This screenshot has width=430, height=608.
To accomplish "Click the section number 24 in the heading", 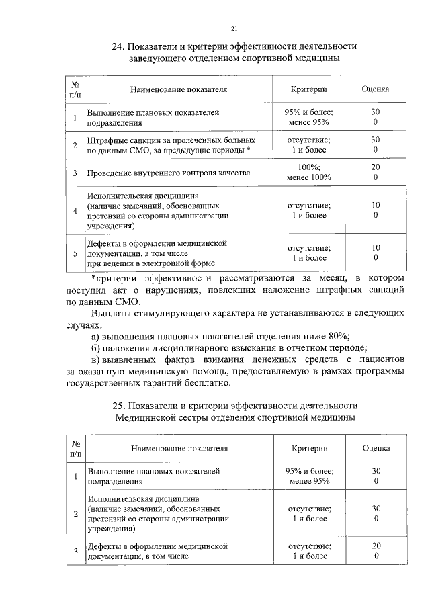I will (118, 46).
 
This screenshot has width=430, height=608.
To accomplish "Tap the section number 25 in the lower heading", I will (118, 405).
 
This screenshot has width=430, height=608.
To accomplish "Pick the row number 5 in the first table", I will (75, 253).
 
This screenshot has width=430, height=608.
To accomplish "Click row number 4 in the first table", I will (75, 211).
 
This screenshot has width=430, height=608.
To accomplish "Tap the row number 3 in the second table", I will (75, 551).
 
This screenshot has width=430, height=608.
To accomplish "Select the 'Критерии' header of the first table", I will (308, 89).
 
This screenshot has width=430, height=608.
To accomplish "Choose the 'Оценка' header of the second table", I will (376, 448).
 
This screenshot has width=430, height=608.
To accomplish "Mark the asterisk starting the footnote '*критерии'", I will (93, 277).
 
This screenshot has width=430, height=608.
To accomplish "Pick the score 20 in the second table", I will (376, 546).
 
